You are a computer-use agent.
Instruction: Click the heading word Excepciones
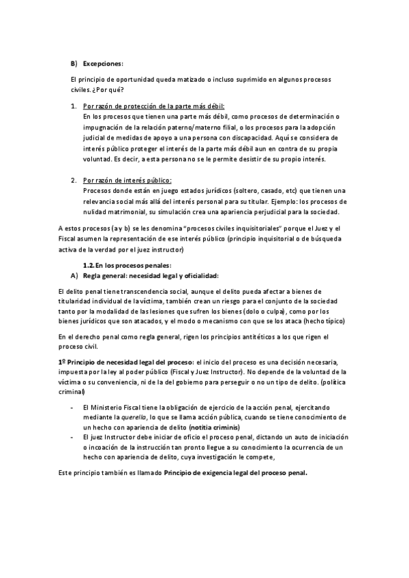(103, 63)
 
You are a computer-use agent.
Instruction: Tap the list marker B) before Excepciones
(75, 63)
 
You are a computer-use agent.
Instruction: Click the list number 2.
(74, 181)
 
